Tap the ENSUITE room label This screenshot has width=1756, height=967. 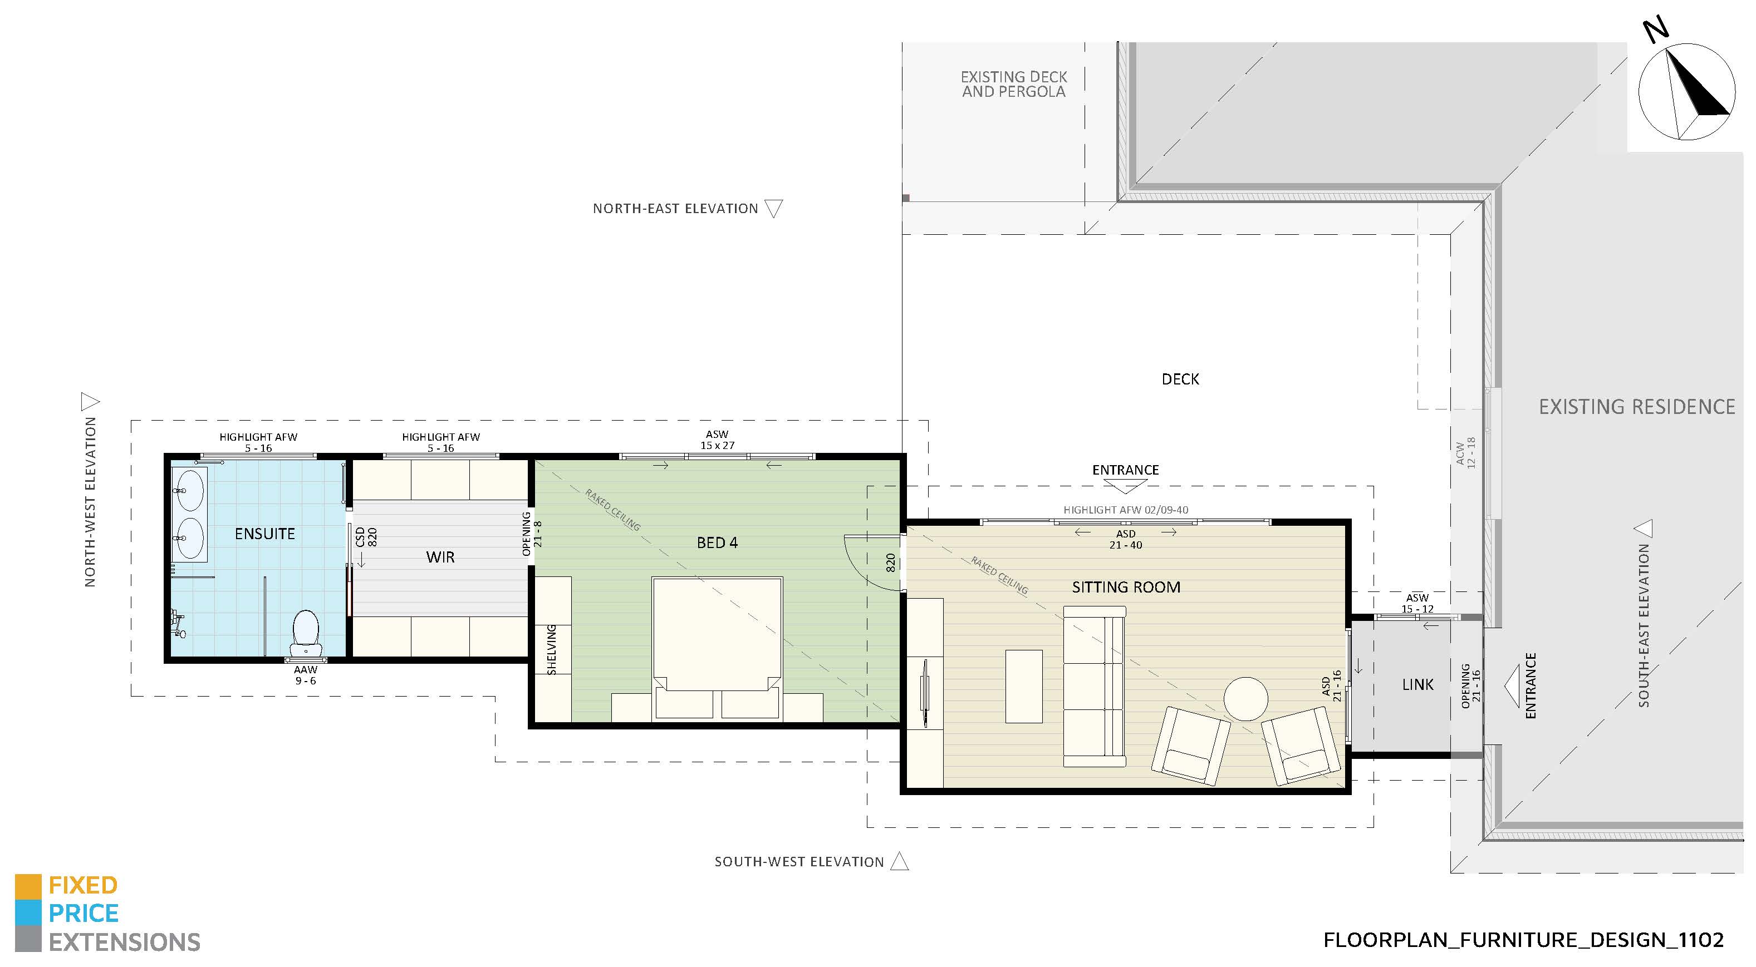coord(264,534)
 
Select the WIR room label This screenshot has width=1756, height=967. coord(440,557)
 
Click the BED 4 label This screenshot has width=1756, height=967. coord(717,542)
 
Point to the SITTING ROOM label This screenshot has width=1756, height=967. coord(1126,587)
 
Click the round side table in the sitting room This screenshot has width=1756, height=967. coord(1245,698)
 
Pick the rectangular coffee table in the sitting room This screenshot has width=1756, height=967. coord(1024,686)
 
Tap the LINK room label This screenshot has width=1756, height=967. coord(1418,684)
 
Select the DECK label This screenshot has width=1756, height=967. coord(1180,379)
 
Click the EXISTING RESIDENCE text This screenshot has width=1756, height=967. coord(1637,407)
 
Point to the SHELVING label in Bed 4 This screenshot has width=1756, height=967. coord(552,649)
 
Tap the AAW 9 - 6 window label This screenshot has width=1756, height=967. coord(306,675)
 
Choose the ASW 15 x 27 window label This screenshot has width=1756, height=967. coord(717,440)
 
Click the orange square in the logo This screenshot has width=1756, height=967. coord(28,886)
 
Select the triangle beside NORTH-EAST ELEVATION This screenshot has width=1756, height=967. coord(774,208)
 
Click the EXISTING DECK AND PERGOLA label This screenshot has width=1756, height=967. coord(1014,84)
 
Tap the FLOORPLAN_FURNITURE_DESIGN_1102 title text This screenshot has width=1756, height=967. coord(1523,940)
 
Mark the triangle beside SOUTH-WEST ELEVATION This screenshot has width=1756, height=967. coord(900,861)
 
